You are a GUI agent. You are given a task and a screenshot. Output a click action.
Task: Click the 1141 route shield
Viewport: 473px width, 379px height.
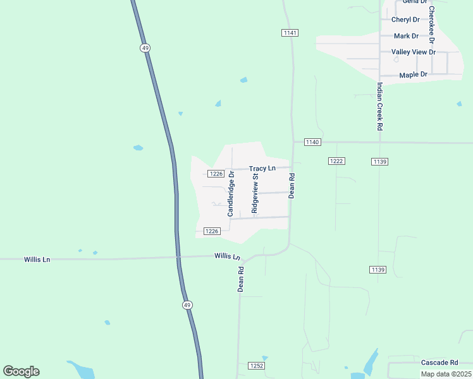[290, 33]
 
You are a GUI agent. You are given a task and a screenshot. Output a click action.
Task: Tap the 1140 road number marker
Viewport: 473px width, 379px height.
[312, 142]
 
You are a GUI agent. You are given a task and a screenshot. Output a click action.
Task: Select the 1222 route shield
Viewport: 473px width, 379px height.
[336, 162]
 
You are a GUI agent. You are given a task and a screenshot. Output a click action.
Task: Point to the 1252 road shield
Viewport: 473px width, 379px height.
[256, 366]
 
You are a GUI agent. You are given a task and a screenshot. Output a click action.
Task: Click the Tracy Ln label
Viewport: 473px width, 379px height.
[262, 169]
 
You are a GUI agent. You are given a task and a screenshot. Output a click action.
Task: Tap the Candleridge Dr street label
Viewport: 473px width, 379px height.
[231, 193]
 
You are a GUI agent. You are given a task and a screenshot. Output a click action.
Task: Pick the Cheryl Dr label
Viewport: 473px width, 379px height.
[405, 20]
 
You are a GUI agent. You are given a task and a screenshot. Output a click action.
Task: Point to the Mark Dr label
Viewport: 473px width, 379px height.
[406, 36]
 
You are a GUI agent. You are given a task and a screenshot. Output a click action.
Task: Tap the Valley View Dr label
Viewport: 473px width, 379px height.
[414, 52]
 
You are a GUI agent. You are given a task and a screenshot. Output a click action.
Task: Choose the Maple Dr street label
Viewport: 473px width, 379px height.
[414, 75]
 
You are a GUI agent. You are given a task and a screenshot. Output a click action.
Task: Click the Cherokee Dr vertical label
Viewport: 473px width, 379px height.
[432, 25]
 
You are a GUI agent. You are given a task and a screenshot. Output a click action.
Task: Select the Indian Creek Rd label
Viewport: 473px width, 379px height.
[379, 106]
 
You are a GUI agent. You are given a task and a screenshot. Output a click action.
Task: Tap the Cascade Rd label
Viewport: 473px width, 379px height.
[439, 363]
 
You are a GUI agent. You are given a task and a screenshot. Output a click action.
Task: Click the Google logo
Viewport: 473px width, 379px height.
[21, 371]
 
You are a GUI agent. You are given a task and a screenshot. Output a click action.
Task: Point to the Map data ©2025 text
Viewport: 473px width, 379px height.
[445, 374]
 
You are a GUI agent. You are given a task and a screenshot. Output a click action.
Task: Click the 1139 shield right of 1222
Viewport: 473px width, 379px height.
[379, 162]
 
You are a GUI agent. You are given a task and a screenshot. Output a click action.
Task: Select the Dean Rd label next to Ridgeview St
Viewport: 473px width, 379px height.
[292, 186]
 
